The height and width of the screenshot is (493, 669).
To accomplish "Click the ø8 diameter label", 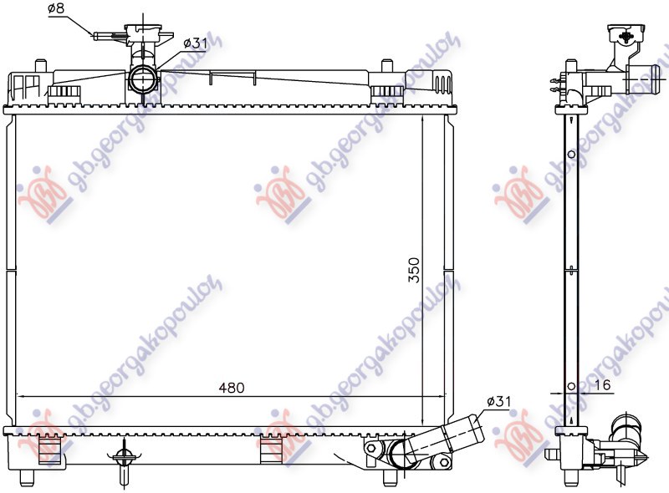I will coord(57,9).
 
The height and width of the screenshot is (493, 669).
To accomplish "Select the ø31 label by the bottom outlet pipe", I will coord(496,403).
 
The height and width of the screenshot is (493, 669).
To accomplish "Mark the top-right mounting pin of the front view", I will coord(386,66).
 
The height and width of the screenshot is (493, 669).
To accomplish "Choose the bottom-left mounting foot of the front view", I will coord(27,477).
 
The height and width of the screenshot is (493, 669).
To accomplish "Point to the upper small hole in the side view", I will coord(571,155).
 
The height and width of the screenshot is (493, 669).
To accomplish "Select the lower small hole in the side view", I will coord(571,386).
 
